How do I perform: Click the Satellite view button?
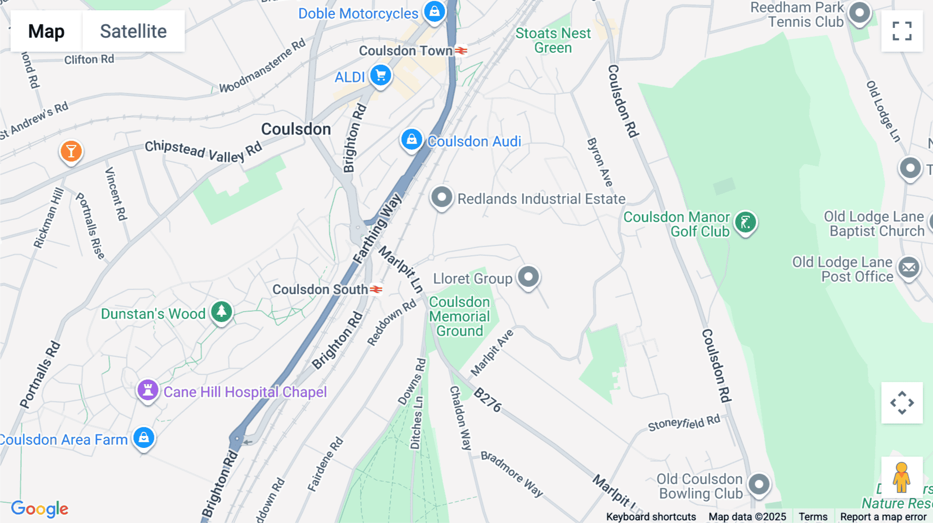coord(133,31)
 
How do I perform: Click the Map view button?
coord(46,31)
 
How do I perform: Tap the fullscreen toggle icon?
coord(902,31)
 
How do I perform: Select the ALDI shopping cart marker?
coord(381,76)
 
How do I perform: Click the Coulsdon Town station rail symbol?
coord(461,51)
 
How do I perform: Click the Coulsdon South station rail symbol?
coord(376,289)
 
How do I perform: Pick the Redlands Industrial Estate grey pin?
coord(442,197)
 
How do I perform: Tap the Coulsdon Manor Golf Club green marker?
coord(745,223)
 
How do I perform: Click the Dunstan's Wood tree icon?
coord(222,312)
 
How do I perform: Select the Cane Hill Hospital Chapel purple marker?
coord(148,390)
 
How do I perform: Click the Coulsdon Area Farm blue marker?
coord(144,438)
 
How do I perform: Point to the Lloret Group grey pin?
coord(528,277)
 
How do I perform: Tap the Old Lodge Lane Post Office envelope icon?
coord(909,268)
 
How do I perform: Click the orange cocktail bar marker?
coord(72,151)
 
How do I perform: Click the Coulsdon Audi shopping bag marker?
coord(412,140)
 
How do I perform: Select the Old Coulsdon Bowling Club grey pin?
coord(759,485)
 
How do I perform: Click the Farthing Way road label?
coord(377,228)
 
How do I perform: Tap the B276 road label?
coord(488,400)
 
